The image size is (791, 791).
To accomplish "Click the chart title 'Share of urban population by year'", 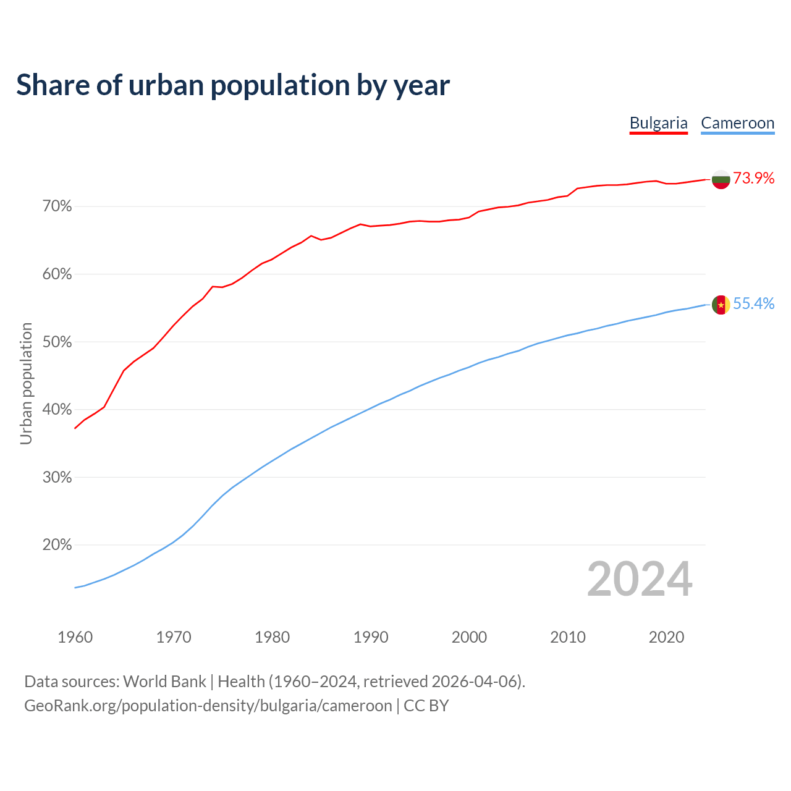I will (233, 85).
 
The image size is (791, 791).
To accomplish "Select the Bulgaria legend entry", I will (658, 123).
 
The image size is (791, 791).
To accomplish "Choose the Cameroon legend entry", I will (737, 123).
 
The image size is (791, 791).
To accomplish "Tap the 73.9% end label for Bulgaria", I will (753, 179).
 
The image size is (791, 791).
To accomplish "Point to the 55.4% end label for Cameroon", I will (753, 303).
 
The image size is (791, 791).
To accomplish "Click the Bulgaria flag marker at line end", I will (721, 179).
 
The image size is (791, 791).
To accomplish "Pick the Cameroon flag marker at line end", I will (721, 304).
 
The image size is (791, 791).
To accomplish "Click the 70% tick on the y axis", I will (57, 206).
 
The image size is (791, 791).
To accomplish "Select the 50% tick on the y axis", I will (57, 342).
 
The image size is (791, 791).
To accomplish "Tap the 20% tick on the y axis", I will (57, 545).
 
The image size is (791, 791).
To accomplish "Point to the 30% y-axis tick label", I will (57, 477).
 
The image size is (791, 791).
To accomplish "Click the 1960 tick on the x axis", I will (75, 637).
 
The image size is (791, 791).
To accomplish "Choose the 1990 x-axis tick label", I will (371, 637).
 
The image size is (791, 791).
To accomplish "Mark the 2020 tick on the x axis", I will (666, 637).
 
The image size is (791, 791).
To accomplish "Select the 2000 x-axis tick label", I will (469, 637).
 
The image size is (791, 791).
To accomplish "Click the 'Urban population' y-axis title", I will (26, 383).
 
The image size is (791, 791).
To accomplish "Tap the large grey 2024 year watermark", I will (640, 579).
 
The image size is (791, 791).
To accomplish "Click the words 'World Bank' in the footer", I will (164, 682).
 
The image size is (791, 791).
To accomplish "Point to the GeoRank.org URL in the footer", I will (208, 706).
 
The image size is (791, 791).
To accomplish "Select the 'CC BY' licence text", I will (426, 706).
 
